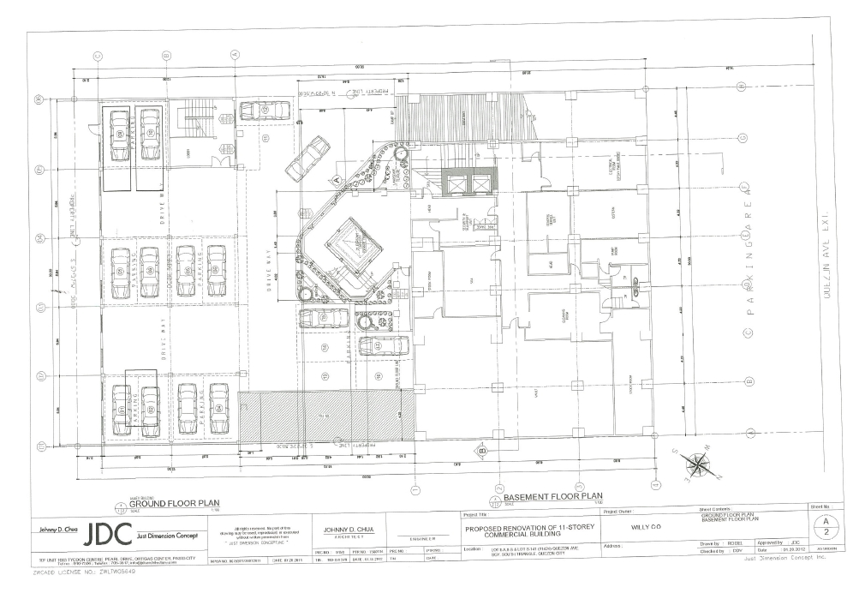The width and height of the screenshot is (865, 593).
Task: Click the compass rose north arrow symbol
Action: pos(695,465)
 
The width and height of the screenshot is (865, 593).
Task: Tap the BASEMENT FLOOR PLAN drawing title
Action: pos(552,496)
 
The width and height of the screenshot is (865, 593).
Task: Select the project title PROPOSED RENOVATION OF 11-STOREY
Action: pos(523,528)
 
